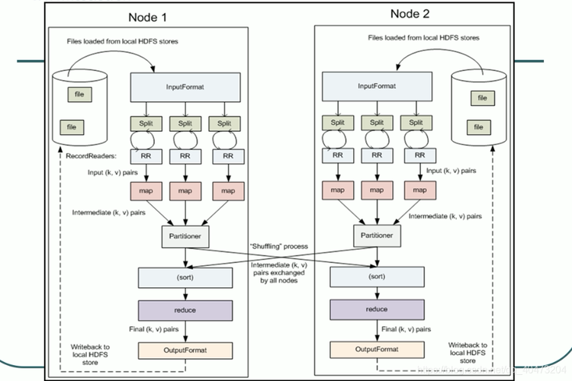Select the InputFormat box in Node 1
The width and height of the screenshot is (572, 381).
(x=183, y=86)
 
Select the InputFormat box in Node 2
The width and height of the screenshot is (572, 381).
(x=376, y=86)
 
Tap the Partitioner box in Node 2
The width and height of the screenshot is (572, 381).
(x=376, y=235)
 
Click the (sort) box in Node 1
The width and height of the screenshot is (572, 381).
(x=183, y=277)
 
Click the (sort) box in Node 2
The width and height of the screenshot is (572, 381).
(x=376, y=277)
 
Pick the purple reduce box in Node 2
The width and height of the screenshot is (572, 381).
(x=376, y=310)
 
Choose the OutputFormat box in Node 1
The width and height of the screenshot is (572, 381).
(x=183, y=351)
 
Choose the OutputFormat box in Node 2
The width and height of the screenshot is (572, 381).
(x=376, y=351)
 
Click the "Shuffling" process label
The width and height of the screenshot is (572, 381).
(x=278, y=246)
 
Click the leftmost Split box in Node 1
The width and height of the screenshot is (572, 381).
(x=145, y=122)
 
